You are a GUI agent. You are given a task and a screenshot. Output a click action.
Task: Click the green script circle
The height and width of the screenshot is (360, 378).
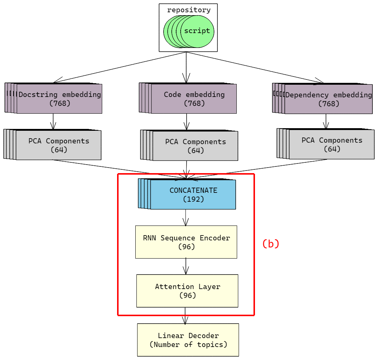pyautogui.click(x=197, y=31)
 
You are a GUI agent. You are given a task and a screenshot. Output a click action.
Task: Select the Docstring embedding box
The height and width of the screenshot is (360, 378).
pyautogui.click(x=59, y=99)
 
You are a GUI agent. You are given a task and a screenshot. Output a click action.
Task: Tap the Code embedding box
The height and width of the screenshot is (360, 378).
pyautogui.click(x=194, y=99)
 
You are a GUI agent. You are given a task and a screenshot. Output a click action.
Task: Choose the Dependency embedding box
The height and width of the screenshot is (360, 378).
pyautogui.click(x=329, y=99)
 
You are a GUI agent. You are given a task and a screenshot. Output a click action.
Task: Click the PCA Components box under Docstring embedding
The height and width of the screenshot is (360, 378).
pyautogui.click(x=58, y=145)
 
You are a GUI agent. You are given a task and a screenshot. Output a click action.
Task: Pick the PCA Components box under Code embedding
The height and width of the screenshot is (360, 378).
pyautogui.click(x=195, y=146)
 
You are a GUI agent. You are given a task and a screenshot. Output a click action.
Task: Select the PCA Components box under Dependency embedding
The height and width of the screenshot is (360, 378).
pyautogui.click(x=332, y=145)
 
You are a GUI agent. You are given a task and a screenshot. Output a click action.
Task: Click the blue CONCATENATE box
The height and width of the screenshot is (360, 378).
pyautogui.click(x=193, y=195)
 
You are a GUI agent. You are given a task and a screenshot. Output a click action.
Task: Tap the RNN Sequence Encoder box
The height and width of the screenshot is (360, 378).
pyautogui.click(x=186, y=242)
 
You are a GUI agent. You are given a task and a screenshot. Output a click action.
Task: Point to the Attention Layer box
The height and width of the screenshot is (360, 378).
pyautogui.click(x=187, y=291)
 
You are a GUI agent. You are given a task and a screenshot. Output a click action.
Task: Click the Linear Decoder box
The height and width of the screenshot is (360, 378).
pyautogui.click(x=188, y=340)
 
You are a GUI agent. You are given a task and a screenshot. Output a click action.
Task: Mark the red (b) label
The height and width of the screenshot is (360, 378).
pyautogui.click(x=271, y=244)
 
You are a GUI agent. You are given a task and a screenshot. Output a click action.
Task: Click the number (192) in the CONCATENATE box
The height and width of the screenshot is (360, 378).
pyautogui.click(x=193, y=199)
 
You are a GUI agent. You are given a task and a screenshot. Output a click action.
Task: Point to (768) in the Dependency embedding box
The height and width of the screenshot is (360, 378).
pyautogui.click(x=329, y=104)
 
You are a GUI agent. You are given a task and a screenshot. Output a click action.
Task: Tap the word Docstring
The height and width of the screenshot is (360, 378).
pyautogui.click(x=38, y=94)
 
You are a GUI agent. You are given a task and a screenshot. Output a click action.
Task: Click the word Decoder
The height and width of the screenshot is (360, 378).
pyautogui.click(x=204, y=335)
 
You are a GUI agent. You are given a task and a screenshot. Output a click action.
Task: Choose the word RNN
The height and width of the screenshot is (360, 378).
pyautogui.click(x=150, y=238)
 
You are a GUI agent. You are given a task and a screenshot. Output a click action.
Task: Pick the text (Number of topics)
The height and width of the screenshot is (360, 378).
pyautogui.click(x=188, y=344)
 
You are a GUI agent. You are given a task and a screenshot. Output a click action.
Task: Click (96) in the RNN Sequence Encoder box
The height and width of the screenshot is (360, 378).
pyautogui.click(x=186, y=247)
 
